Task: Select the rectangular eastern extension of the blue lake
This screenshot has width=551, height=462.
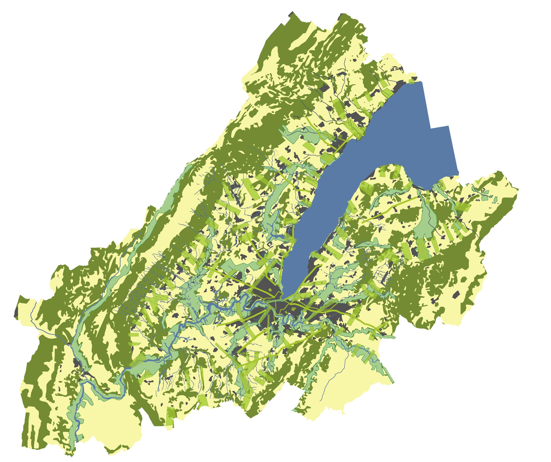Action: click(443, 149)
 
